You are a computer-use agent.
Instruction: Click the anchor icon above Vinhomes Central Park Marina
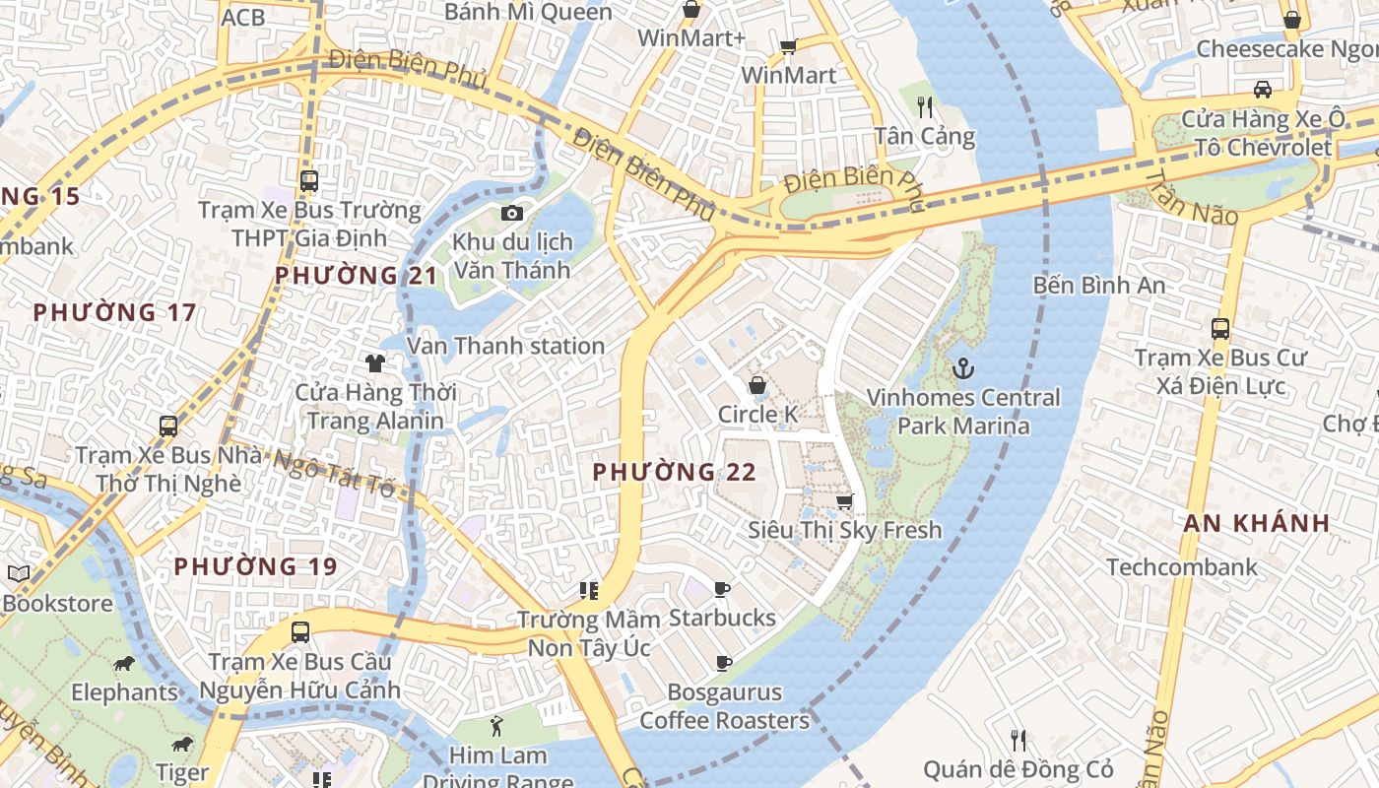pyautogui.click(x=962, y=369)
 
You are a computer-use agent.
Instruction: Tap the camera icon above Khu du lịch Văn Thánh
pyautogui.click(x=511, y=213)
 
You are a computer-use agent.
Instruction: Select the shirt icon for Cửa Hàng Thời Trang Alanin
pyautogui.click(x=375, y=363)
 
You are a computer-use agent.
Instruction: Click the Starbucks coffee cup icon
pyautogui.click(x=722, y=590)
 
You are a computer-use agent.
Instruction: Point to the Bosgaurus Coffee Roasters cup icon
pyautogui.click(x=723, y=663)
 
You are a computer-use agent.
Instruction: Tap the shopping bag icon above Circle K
pyautogui.click(x=757, y=385)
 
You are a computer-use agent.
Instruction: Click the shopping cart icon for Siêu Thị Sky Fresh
pyautogui.click(x=844, y=501)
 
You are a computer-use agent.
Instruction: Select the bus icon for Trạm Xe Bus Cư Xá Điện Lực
pyautogui.click(x=1220, y=329)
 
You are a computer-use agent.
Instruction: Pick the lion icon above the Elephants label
pyautogui.click(x=124, y=663)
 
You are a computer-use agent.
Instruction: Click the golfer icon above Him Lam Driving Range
pyautogui.click(x=496, y=727)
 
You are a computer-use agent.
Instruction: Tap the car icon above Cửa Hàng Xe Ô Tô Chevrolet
pyautogui.click(x=1262, y=90)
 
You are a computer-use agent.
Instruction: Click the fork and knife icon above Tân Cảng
pyautogui.click(x=924, y=106)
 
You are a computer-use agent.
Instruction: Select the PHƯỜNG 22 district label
pyautogui.click(x=674, y=473)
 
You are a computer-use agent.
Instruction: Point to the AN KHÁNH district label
pyautogui.click(x=1256, y=523)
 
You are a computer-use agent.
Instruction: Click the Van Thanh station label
pyautogui.click(x=505, y=346)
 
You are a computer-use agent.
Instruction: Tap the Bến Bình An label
pyautogui.click(x=1098, y=286)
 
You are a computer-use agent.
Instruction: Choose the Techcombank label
pyautogui.click(x=1182, y=567)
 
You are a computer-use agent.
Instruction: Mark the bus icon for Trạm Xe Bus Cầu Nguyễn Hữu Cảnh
pyautogui.click(x=300, y=632)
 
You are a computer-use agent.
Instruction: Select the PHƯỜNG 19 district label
pyautogui.click(x=255, y=566)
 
